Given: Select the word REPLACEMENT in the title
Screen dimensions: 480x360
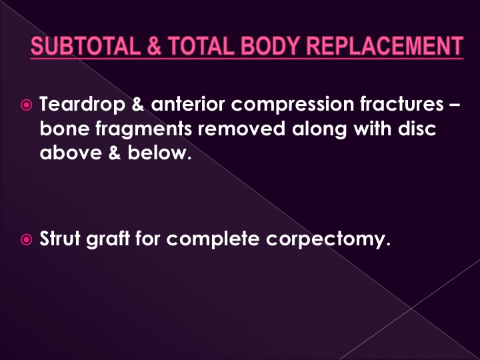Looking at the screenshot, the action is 385,45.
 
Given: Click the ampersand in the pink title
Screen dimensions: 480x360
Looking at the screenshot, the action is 154,46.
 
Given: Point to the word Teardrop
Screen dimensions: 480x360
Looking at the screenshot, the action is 83,104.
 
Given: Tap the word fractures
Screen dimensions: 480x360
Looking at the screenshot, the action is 401,104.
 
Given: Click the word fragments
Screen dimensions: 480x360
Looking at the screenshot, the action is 143,129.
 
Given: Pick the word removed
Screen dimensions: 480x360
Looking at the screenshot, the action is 241,129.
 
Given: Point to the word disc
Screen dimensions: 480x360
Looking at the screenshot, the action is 417,129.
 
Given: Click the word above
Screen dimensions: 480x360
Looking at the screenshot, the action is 71,153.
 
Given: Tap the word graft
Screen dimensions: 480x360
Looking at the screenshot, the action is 108,239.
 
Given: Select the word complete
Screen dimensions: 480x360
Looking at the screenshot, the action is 213,239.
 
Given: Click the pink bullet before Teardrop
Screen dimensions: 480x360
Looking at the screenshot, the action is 26,105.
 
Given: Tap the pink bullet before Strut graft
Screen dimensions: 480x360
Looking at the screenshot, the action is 26,239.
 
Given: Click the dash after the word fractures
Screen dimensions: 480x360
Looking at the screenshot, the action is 455,105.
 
